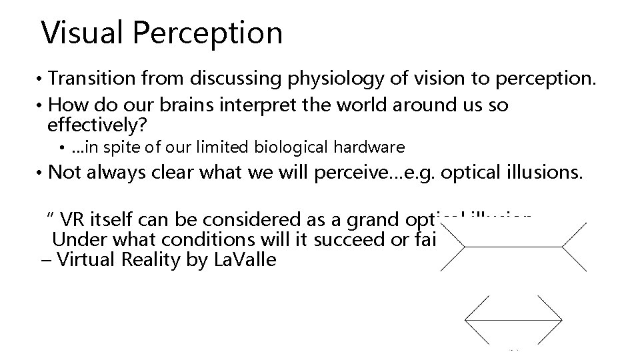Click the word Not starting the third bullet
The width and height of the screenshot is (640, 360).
tap(64, 173)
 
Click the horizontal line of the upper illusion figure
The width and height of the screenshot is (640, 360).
tap(513, 247)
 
